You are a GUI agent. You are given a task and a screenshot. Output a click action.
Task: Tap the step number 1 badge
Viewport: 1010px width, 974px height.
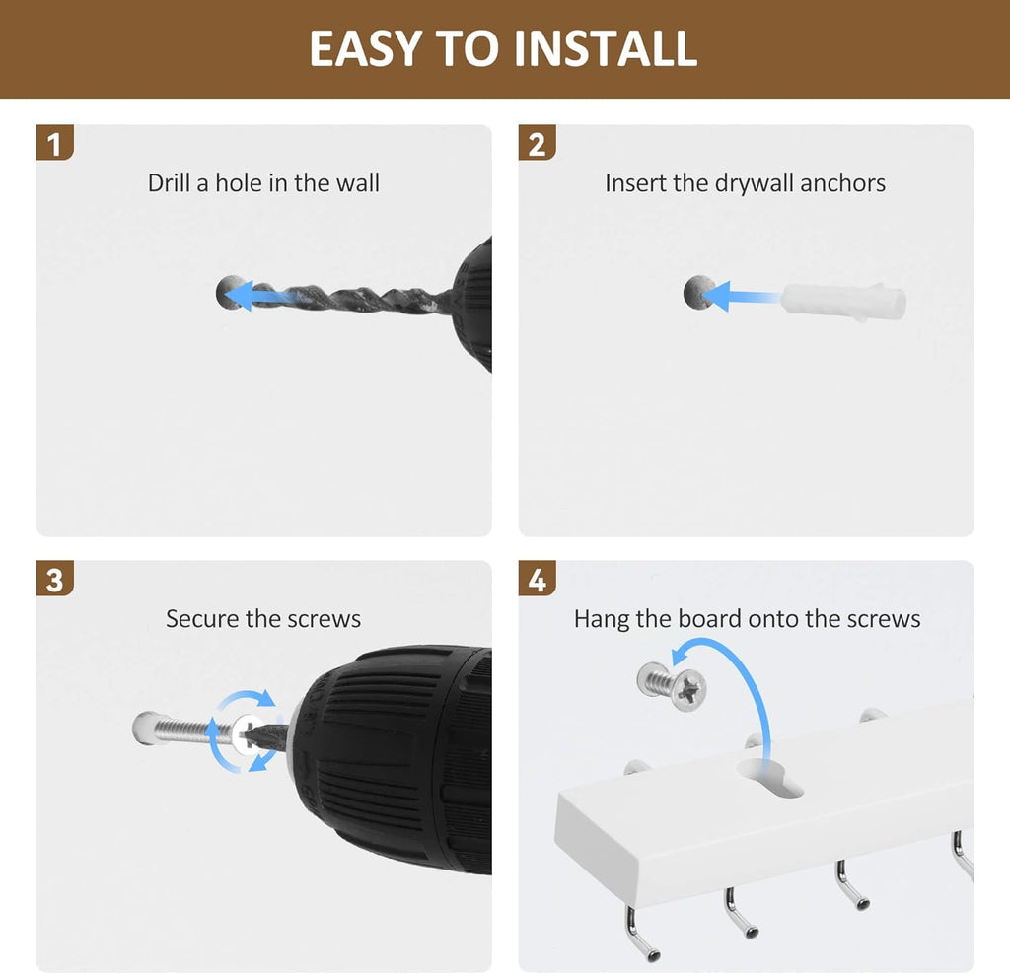[x=55, y=143]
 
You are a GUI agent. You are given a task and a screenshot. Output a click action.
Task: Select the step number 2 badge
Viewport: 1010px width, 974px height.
[x=537, y=143]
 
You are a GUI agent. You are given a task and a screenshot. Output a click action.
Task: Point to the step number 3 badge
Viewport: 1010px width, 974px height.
[x=55, y=578]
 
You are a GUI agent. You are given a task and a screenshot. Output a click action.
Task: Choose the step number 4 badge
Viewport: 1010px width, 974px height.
[x=537, y=578]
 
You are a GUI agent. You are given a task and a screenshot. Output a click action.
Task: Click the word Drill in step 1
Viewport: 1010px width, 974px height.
[x=169, y=182]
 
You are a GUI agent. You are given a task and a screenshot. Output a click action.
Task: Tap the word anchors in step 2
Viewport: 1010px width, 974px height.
[x=842, y=182]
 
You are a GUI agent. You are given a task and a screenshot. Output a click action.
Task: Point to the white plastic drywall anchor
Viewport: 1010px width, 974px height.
[x=844, y=301]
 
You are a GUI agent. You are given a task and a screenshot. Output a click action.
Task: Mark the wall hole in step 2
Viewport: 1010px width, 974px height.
[x=697, y=292]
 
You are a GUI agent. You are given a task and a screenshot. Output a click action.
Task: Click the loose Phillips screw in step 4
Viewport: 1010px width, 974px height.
[x=672, y=687]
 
